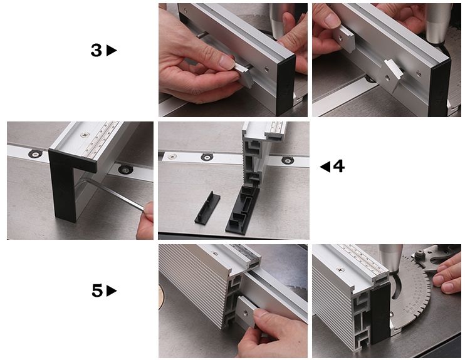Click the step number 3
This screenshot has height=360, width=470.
click(x=97, y=50)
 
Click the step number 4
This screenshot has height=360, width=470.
click(x=338, y=166)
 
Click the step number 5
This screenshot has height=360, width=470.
click(x=97, y=291)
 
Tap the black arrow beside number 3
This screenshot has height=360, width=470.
click(x=111, y=50)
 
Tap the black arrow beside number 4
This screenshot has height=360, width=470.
click(x=325, y=167)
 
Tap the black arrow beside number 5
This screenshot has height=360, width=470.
click(x=112, y=291)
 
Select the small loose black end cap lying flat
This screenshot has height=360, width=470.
click(x=207, y=208)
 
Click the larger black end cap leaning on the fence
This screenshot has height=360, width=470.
click(x=243, y=210)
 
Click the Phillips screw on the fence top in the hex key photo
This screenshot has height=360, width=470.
click(x=85, y=135)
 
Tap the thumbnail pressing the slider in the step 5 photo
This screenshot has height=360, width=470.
click(x=261, y=313)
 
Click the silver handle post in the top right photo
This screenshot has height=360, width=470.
click(x=438, y=24)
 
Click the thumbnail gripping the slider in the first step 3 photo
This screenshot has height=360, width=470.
click(x=227, y=62)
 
